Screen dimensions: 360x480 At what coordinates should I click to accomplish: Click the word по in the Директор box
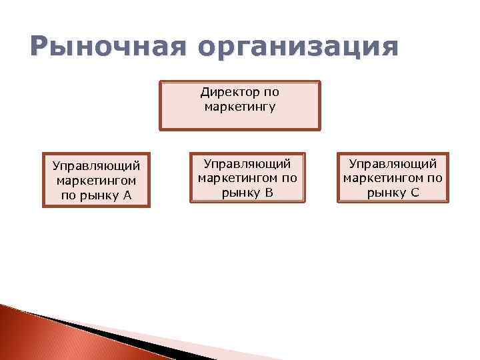click(x=270, y=92)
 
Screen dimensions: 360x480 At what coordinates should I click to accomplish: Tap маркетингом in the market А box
click(x=97, y=180)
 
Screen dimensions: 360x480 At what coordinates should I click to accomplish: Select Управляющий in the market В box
click(x=247, y=163)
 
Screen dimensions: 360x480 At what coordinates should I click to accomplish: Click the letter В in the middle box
click(x=269, y=193)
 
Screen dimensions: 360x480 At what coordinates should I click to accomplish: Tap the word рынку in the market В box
click(x=241, y=193)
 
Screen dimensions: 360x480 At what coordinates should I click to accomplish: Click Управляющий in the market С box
click(x=393, y=163)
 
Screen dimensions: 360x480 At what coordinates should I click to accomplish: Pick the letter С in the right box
click(x=415, y=193)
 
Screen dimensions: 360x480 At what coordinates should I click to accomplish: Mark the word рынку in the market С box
click(x=387, y=193)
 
